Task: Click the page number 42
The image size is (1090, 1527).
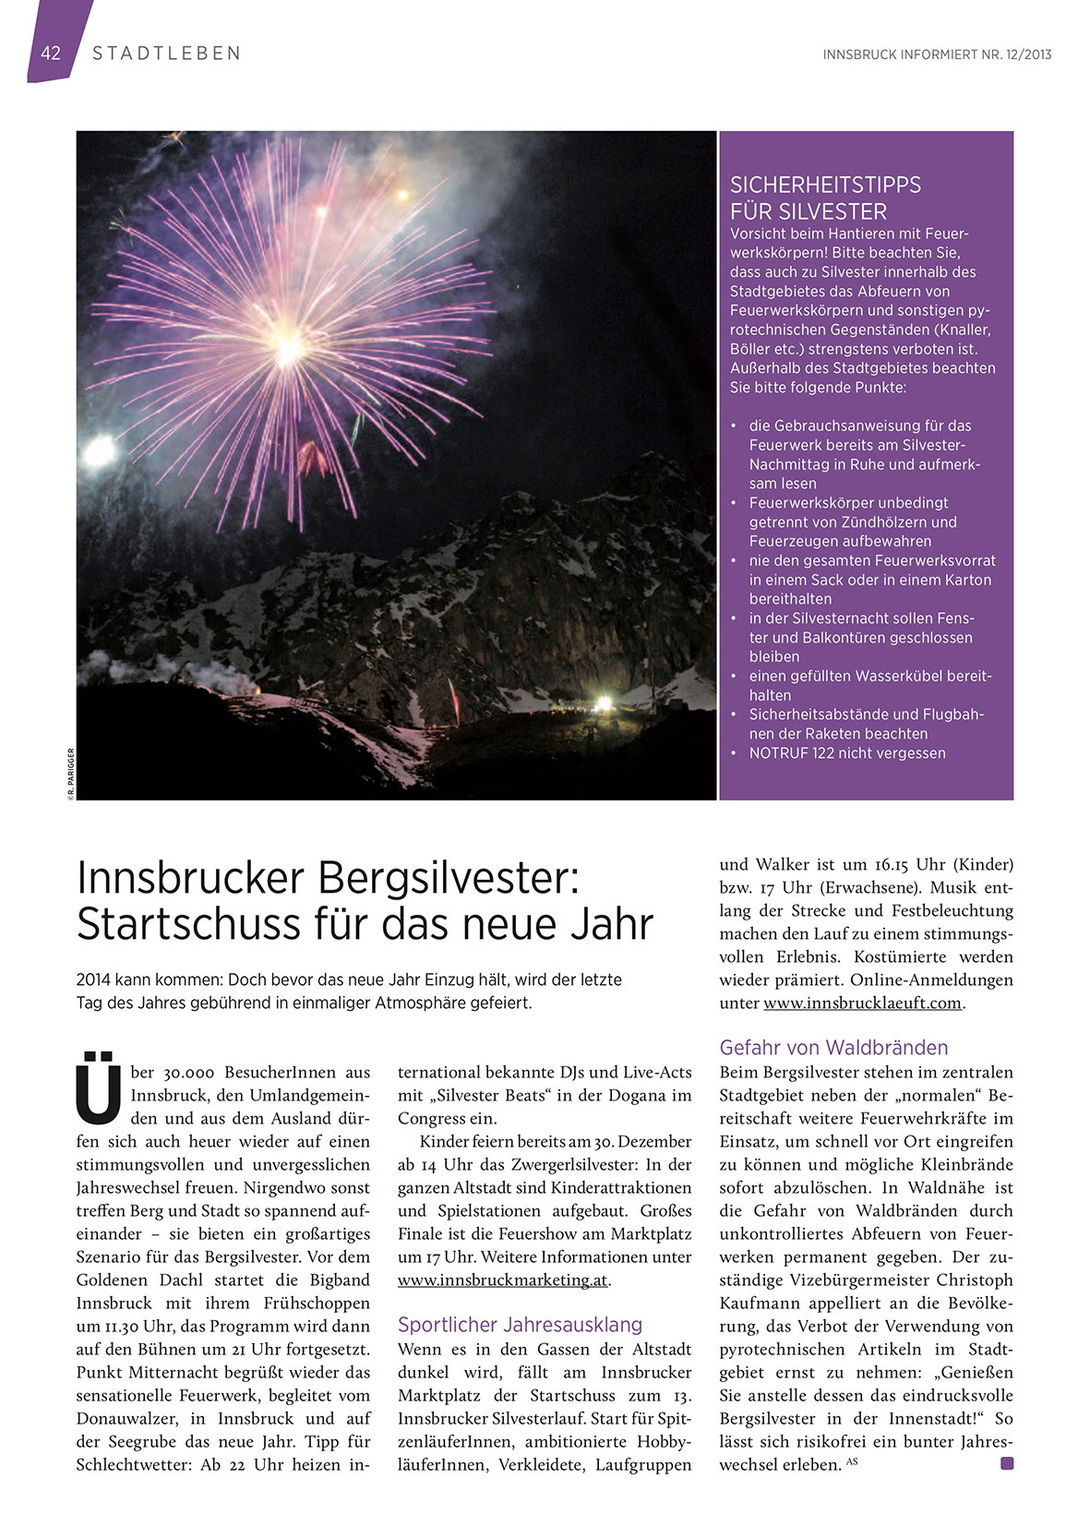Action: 51,54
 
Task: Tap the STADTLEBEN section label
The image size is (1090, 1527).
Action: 166,54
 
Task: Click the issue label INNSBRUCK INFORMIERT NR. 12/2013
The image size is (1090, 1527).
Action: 937,54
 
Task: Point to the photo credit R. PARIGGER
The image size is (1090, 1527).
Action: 70,772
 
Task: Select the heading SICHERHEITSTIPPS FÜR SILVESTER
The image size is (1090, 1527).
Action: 825,198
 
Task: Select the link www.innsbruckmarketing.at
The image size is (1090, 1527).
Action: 503,1281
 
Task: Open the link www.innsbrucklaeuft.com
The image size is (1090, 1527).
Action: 862,1004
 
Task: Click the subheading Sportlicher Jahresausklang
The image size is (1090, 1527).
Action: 520,1325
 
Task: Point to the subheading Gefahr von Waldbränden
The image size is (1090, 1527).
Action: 833,1048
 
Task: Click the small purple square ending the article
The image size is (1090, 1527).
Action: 1006,1463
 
